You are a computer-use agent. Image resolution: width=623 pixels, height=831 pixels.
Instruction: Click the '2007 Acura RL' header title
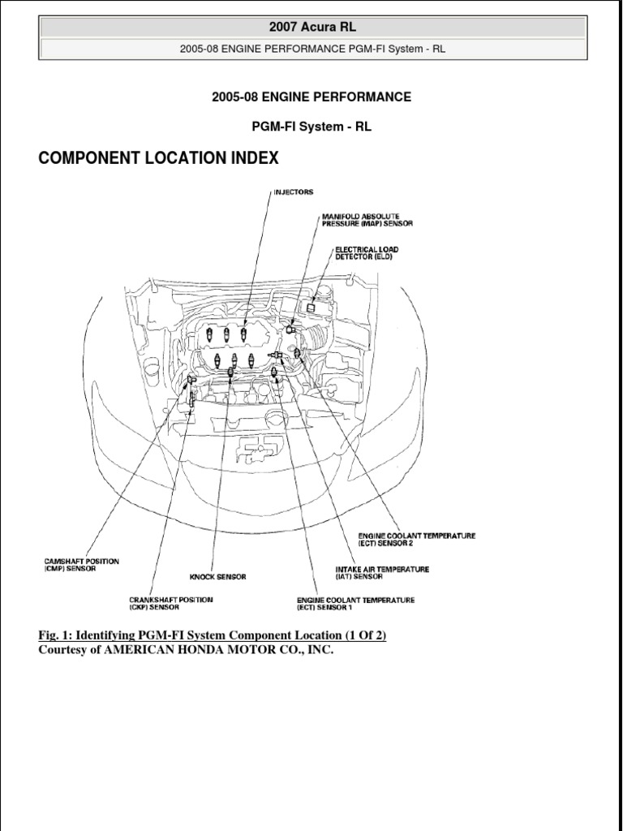(x=311, y=27)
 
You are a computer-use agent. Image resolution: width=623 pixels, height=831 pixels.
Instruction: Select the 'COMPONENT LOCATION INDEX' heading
(x=158, y=157)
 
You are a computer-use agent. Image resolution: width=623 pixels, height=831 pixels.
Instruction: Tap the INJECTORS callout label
(x=293, y=192)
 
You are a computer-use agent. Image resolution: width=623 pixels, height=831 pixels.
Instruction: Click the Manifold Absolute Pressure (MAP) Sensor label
(x=360, y=220)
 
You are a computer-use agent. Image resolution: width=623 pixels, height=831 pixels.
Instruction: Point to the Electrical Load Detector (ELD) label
(x=367, y=252)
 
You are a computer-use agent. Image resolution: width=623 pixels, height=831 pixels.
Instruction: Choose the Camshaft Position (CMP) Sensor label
(x=81, y=565)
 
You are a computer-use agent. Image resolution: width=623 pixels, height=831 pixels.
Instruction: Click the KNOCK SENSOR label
(x=217, y=577)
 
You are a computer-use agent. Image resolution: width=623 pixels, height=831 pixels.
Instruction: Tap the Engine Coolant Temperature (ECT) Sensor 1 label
(x=355, y=603)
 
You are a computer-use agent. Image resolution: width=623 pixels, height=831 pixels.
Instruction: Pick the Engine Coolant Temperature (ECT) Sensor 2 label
(x=416, y=540)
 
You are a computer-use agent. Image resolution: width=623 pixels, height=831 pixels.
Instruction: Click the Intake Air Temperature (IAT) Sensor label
(x=382, y=573)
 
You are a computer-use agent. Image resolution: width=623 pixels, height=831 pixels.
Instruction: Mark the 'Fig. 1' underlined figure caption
(x=213, y=635)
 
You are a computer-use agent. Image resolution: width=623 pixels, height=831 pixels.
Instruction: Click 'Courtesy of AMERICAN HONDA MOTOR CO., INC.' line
(x=186, y=651)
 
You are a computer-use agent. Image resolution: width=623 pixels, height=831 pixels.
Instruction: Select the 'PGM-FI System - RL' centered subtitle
(x=311, y=127)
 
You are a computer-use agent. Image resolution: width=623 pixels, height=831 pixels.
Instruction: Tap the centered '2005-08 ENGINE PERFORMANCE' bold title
(x=311, y=97)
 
